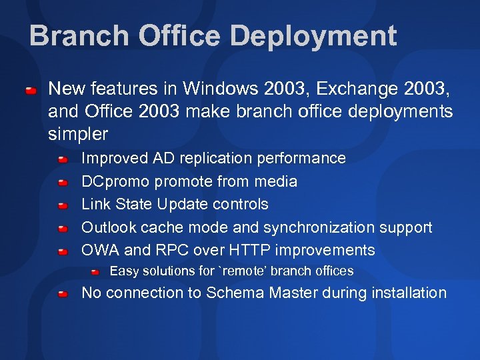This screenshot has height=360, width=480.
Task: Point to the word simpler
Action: pyautogui.click(x=78, y=134)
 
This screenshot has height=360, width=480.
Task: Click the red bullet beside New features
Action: pyautogui.click(x=31, y=89)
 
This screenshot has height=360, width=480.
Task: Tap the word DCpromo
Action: pyautogui.click(x=113, y=181)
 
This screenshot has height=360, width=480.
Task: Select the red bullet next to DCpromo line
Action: pyautogui.click(x=62, y=182)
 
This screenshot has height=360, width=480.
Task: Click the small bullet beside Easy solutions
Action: pyautogui.click(x=95, y=272)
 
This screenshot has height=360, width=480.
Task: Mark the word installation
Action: pyautogui.click(x=409, y=293)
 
